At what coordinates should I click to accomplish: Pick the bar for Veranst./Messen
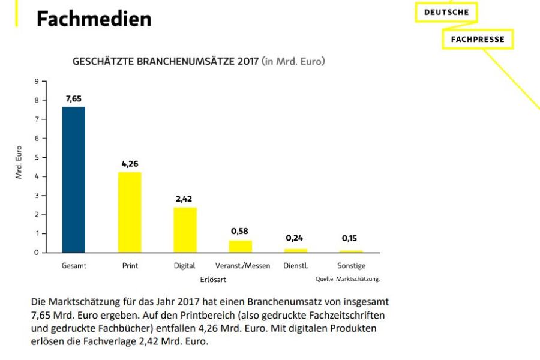(240, 246)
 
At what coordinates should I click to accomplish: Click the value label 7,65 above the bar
(74, 98)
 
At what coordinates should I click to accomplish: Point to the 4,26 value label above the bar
(130, 163)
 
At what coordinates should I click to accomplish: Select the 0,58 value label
(240, 231)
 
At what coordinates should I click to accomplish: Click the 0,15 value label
(349, 238)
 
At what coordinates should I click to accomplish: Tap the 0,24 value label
(295, 238)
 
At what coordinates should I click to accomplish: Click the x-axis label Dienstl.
(295, 265)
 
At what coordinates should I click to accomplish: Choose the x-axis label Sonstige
(351, 265)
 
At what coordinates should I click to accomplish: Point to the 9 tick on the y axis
(37, 82)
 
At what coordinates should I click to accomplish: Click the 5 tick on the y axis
(37, 157)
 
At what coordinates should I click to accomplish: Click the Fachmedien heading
(93, 18)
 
